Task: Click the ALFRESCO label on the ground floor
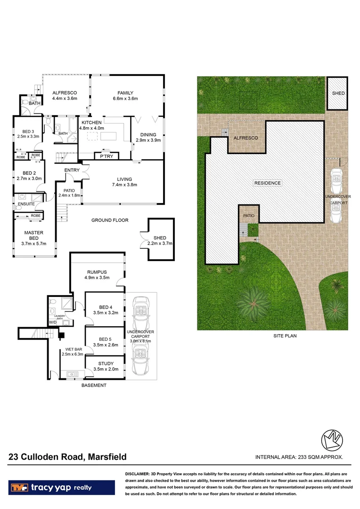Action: (x=64, y=93)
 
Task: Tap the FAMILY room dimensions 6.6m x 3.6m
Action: (x=125, y=99)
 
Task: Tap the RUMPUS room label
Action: (x=97, y=272)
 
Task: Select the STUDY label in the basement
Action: (x=105, y=363)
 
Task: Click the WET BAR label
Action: (x=73, y=350)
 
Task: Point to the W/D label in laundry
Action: (x=52, y=322)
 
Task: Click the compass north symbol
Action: (x=331, y=441)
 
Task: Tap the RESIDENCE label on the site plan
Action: (x=267, y=183)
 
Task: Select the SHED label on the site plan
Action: (x=338, y=93)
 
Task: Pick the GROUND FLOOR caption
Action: (x=109, y=220)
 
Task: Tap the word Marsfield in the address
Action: (x=106, y=457)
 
